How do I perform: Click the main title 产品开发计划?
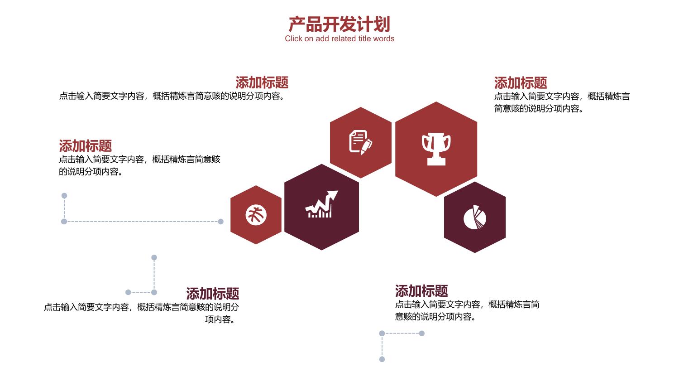339,24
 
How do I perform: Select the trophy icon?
436,149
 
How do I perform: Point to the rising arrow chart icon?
321,204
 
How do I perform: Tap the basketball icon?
256,215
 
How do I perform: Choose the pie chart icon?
475,217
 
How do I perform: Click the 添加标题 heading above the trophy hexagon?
521,83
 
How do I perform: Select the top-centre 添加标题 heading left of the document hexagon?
262,82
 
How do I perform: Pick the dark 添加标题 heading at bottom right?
421,291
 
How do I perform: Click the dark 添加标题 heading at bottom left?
212,294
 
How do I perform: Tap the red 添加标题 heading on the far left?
85,146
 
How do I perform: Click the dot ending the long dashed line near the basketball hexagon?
221,222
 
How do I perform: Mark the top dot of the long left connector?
64,196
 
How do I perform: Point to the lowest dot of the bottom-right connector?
382,359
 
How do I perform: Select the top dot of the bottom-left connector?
154,257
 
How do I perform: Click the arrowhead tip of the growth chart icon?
338,191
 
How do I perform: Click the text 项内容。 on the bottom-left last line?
220,319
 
